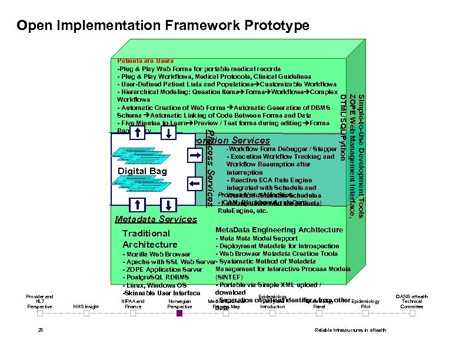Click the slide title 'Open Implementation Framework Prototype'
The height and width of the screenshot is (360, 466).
point(163,26)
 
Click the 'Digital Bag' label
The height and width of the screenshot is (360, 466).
point(143,171)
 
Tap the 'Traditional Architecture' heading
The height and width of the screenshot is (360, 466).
point(150,239)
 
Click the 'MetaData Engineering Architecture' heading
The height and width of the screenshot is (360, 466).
point(279,229)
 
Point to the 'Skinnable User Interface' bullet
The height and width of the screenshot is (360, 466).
point(161,293)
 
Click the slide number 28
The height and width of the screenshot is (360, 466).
point(40,330)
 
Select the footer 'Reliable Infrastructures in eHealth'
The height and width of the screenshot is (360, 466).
point(351,330)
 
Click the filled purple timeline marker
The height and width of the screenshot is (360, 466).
point(179,314)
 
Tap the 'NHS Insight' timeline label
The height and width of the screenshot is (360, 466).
point(86,306)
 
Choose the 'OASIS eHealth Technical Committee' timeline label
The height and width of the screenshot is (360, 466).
point(412,301)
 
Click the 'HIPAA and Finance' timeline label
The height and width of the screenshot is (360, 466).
point(133,304)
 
